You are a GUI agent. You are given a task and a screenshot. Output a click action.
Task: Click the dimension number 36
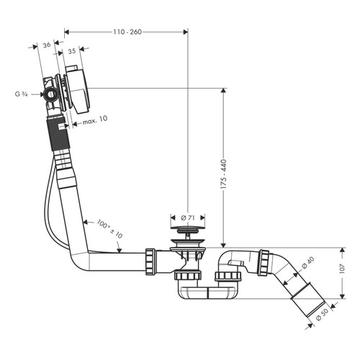[x=47, y=45]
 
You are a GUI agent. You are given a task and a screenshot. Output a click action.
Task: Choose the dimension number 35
[x=72, y=52]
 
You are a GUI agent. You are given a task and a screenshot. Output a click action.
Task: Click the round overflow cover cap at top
[x=75, y=89]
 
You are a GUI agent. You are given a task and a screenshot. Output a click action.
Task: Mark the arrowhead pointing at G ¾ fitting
[x=41, y=93]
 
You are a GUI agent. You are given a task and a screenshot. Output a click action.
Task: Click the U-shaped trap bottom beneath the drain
[x=210, y=294]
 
